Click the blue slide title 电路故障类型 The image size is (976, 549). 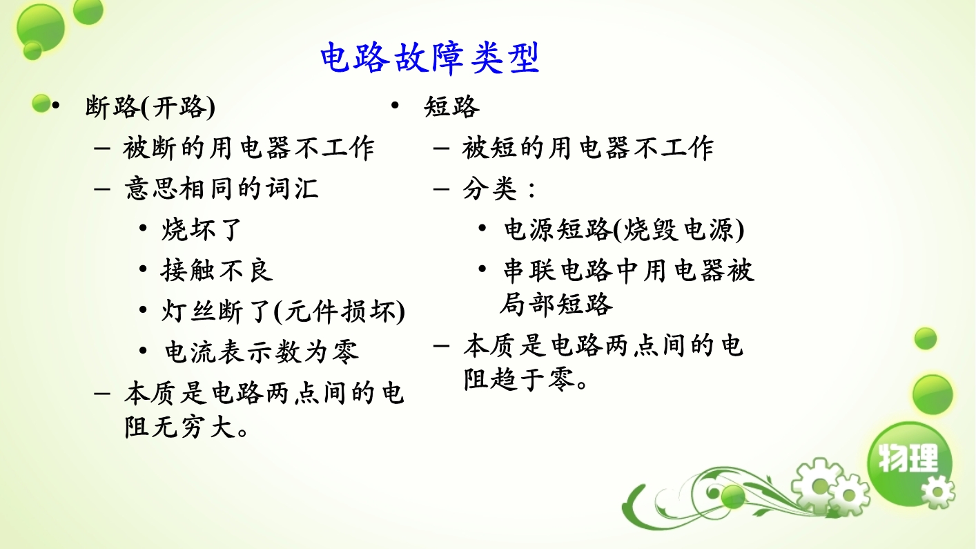coord(430,58)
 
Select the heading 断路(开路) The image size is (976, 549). coord(150,107)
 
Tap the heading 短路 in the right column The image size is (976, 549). coord(452,106)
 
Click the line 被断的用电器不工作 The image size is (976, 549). coord(248,148)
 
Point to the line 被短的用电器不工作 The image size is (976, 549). coord(588,148)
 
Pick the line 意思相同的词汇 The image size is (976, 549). coord(222,189)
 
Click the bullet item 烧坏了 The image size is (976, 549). coord(202,229)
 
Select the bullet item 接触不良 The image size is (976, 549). coord(217,271)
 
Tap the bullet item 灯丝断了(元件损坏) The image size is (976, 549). coord(283,311)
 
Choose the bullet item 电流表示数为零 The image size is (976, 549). coord(262,352)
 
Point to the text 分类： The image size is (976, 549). coord(499,189)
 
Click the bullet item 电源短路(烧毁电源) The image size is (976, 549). coord(624,229)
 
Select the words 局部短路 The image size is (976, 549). coord(556,304)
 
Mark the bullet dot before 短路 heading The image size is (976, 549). coord(395,105)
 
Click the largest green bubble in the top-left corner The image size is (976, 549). coord(41,28)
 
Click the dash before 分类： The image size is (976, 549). coord(441,189)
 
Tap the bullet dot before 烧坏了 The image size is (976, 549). coord(143,228)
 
